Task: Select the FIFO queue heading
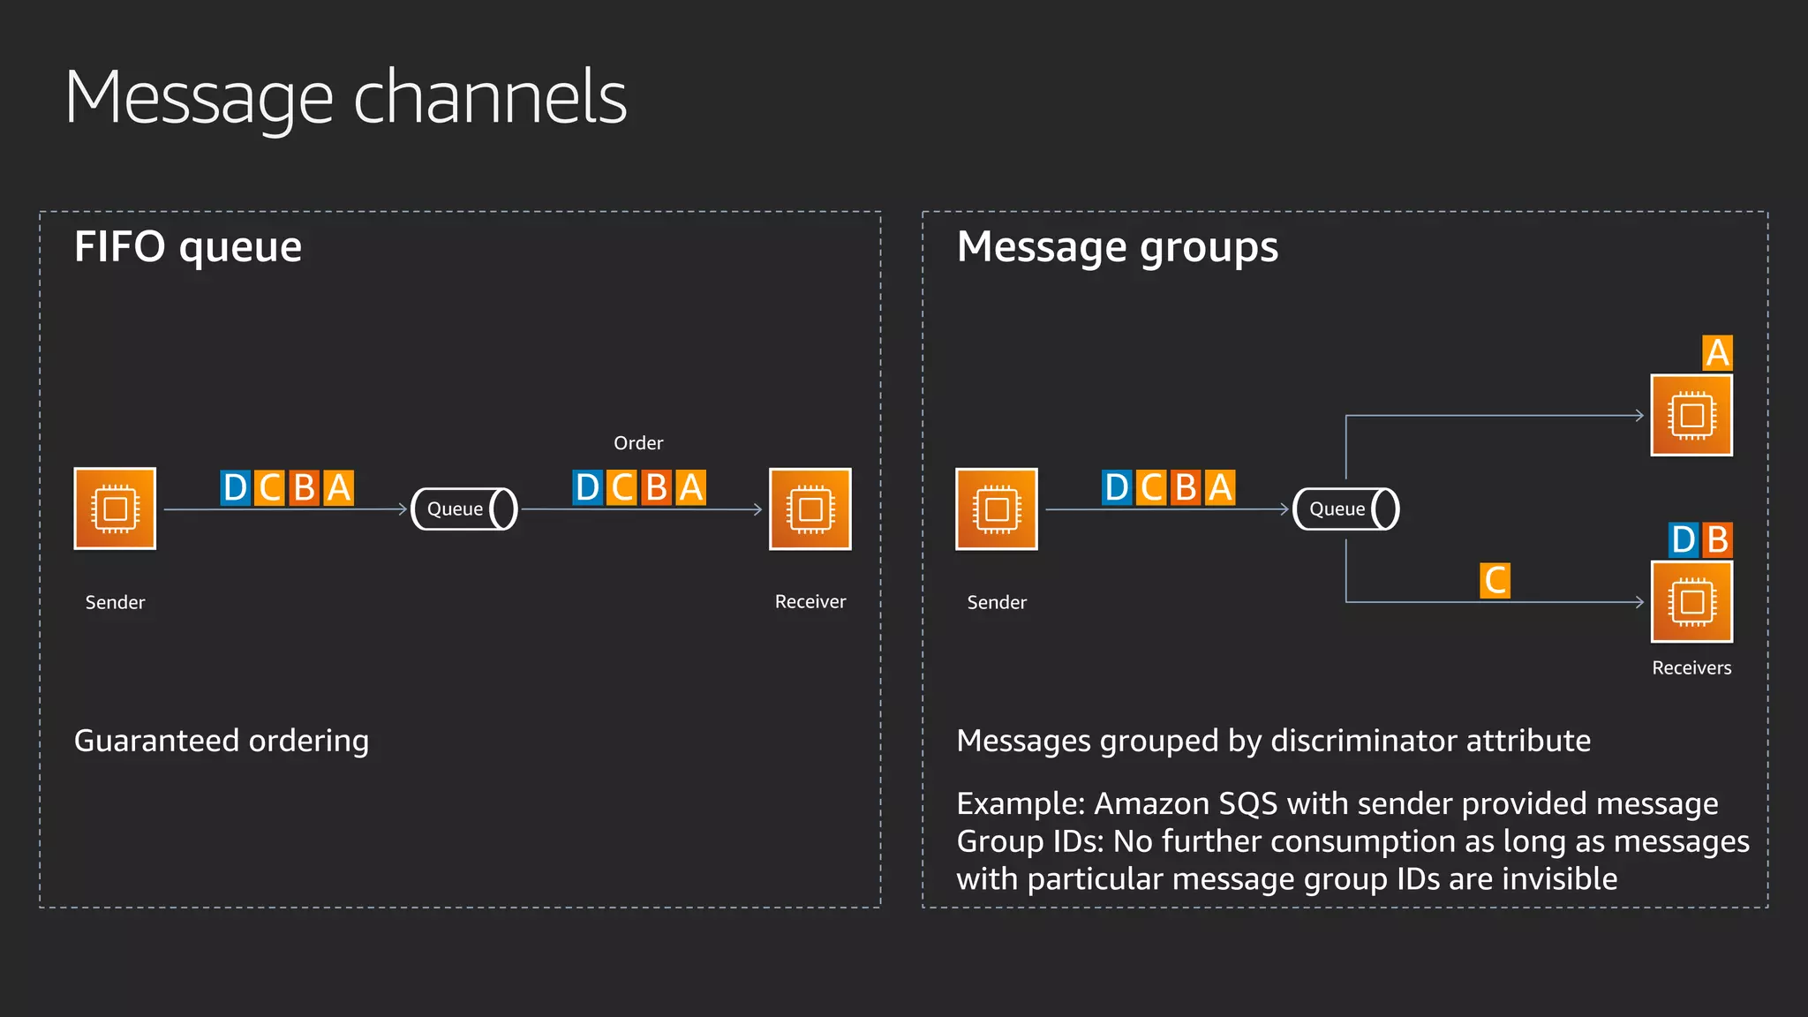188,246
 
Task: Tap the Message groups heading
1117,246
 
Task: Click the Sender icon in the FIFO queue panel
115,508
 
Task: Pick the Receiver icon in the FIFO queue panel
810,508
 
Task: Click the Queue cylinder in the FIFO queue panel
464,508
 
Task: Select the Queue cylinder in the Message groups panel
1345,508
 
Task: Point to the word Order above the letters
638,443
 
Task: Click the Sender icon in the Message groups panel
996,508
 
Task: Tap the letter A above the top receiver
1717,353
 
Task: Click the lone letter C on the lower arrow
1495,581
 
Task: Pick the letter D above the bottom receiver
1684,539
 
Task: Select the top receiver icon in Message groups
1691,415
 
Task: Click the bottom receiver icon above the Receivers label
1691,602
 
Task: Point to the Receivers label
1691,667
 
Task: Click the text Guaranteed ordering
222,741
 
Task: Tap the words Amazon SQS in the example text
1186,803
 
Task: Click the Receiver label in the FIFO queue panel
810,602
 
